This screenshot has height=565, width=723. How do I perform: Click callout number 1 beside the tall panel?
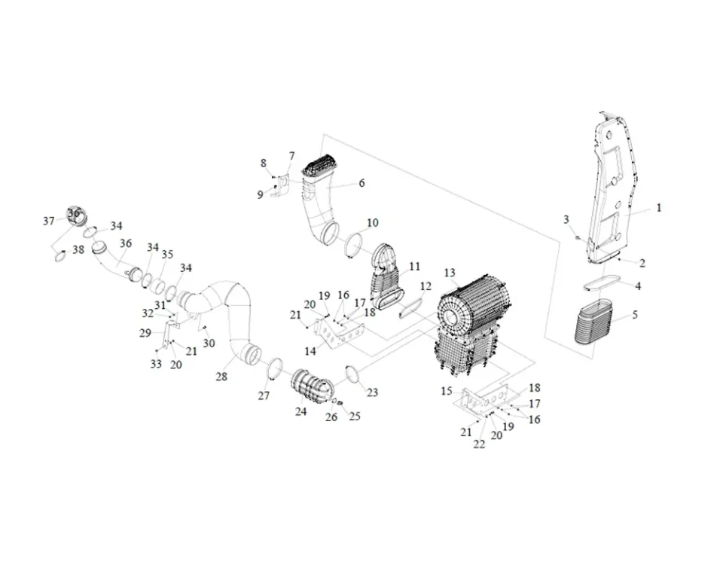pyautogui.click(x=658, y=207)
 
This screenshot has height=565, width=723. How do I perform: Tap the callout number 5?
pyautogui.click(x=635, y=315)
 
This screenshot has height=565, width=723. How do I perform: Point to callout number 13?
pyautogui.click(x=450, y=273)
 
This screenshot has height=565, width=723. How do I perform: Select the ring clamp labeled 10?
pyautogui.click(x=354, y=245)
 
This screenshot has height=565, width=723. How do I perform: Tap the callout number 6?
pyautogui.click(x=361, y=183)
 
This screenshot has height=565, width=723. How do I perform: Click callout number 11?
pyautogui.click(x=414, y=267)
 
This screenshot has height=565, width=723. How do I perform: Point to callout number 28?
pyautogui.click(x=221, y=376)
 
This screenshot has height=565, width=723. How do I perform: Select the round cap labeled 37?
pyautogui.click(x=74, y=215)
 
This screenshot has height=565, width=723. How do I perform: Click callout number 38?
pyautogui.click(x=78, y=249)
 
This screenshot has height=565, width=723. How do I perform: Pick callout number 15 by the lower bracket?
pyautogui.click(x=447, y=391)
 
